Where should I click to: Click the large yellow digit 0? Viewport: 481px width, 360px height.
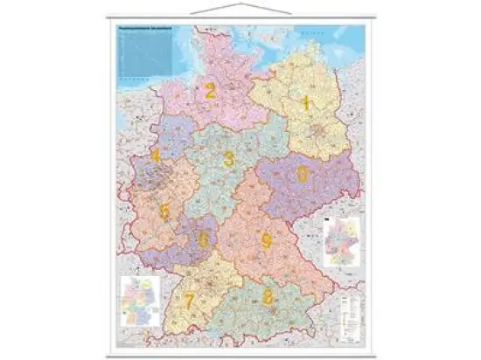[x=303, y=174]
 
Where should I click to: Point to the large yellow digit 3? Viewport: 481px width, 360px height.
[x=228, y=159]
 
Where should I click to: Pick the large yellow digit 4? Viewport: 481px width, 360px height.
[x=155, y=157]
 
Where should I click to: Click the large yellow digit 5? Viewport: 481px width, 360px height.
[x=164, y=211]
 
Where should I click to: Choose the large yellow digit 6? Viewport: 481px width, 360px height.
[x=204, y=239]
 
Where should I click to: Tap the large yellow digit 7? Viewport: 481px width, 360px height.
[x=189, y=301]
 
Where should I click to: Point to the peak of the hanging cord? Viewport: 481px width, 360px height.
[x=241, y=4]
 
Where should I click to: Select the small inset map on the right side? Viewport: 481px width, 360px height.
[x=343, y=240]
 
